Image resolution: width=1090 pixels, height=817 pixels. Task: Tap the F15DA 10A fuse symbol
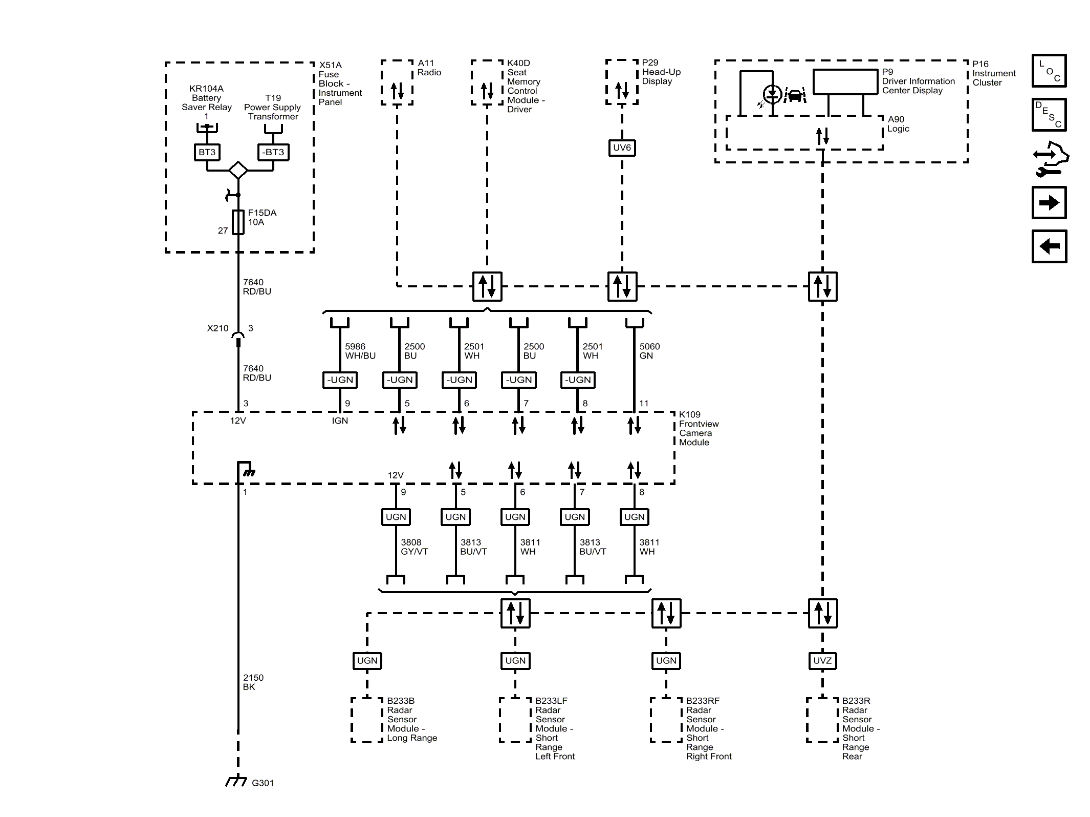point(238,222)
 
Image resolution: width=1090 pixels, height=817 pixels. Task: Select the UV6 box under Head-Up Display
point(622,148)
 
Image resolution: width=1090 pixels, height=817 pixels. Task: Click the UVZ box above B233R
point(822,661)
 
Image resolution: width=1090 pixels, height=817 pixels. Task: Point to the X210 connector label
point(217,328)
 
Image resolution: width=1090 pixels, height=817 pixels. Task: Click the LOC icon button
point(1049,71)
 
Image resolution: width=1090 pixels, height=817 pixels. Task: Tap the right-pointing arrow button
point(1049,203)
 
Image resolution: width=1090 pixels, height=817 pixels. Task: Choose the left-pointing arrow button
point(1049,246)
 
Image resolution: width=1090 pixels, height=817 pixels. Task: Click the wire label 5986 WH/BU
point(360,351)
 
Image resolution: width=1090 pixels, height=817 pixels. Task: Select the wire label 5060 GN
point(649,351)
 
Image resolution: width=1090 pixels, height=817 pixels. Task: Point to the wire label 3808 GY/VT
point(414,547)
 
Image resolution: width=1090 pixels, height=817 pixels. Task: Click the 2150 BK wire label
point(253,682)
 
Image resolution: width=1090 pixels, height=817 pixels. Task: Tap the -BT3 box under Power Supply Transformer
point(273,152)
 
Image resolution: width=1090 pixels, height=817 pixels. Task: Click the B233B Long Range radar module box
point(366,720)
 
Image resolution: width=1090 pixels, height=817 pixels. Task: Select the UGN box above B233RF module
point(666,661)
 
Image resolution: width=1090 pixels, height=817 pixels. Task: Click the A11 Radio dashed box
point(397,82)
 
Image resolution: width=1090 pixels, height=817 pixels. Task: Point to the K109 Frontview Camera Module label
point(698,428)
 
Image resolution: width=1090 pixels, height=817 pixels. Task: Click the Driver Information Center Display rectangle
point(845,82)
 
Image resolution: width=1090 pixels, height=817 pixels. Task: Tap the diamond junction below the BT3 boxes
point(238,170)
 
